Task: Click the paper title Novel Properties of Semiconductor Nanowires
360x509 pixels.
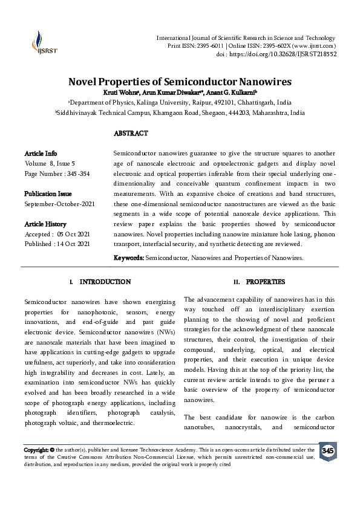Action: coord(180,82)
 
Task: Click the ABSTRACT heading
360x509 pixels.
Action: coord(131,133)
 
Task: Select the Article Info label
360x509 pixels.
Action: coord(41,154)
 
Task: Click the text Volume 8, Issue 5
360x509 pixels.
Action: coord(50,163)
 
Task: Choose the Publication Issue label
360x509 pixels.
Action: coord(48,194)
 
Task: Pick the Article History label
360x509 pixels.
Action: coord(46,224)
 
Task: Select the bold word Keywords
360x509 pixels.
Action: coord(129,258)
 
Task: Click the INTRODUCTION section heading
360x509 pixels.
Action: coord(105,282)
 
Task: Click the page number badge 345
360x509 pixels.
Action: coord(327,452)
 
